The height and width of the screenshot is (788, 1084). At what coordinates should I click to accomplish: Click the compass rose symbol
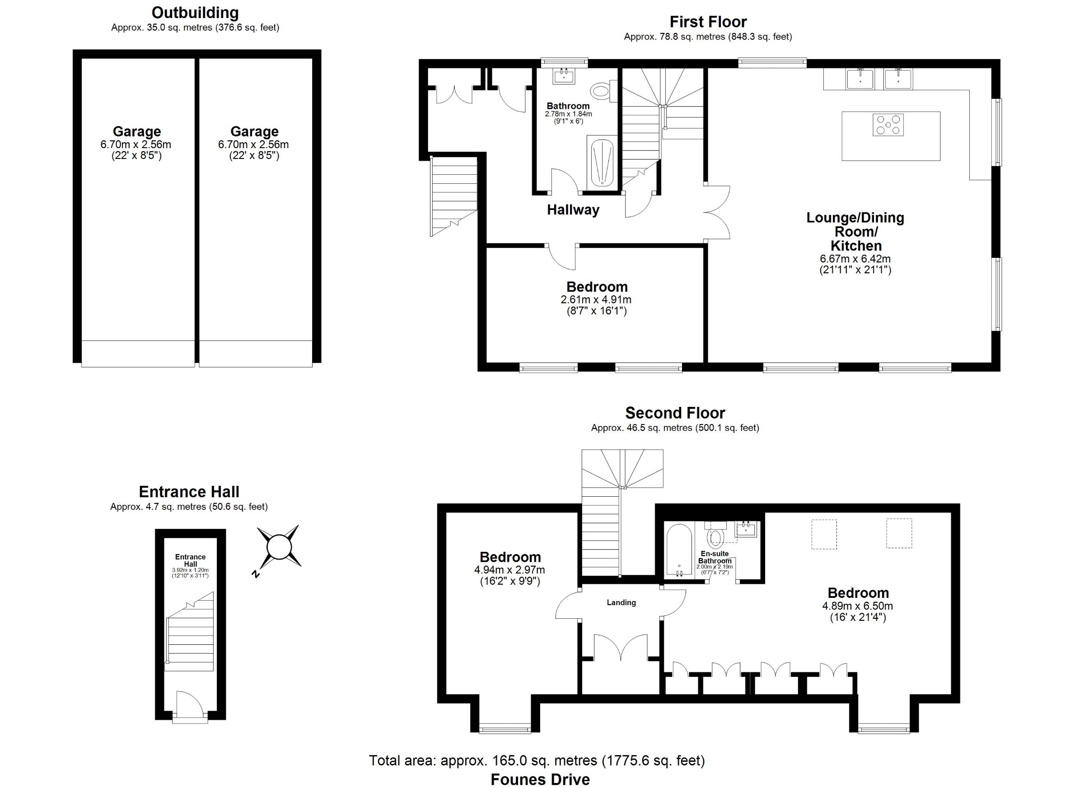[x=279, y=546]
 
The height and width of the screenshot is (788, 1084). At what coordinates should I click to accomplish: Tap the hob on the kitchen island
[x=888, y=125]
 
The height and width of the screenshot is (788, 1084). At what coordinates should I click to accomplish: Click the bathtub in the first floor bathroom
[x=602, y=163]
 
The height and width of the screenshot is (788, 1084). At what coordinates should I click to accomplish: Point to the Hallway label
[x=573, y=210]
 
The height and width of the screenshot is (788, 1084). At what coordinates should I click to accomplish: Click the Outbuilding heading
[x=195, y=13]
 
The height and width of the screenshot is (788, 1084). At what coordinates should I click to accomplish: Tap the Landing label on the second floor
[x=621, y=602]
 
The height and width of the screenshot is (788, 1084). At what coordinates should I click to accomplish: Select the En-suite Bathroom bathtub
[x=679, y=550]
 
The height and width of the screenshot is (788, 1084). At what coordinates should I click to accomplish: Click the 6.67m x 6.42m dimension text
[x=855, y=259]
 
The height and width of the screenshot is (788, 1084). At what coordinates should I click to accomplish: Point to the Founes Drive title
[x=540, y=779]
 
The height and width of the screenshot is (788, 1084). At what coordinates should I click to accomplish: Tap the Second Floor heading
[x=675, y=413]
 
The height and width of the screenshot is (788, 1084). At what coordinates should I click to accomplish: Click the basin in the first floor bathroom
[x=564, y=76]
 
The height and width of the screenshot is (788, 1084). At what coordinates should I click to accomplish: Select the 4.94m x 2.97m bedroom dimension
[x=509, y=570]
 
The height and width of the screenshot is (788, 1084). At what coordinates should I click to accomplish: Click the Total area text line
[x=537, y=760]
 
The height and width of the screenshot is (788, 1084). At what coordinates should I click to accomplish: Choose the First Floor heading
[x=708, y=22]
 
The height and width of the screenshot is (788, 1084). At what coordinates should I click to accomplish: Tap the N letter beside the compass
[x=256, y=574]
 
